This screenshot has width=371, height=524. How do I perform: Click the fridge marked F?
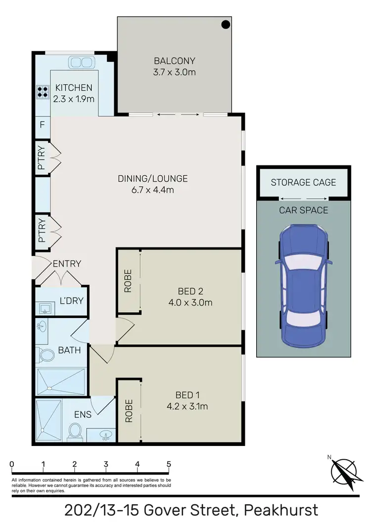(x=42, y=125)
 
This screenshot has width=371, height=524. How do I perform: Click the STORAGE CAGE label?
(x=303, y=182)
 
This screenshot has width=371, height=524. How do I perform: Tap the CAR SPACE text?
(x=303, y=210)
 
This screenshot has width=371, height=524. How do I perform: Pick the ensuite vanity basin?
(x=105, y=435)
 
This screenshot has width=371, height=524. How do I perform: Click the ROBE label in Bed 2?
(x=128, y=281)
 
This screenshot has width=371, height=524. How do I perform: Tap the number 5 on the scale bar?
(x=169, y=464)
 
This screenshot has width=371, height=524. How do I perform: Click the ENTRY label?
(x=67, y=264)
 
